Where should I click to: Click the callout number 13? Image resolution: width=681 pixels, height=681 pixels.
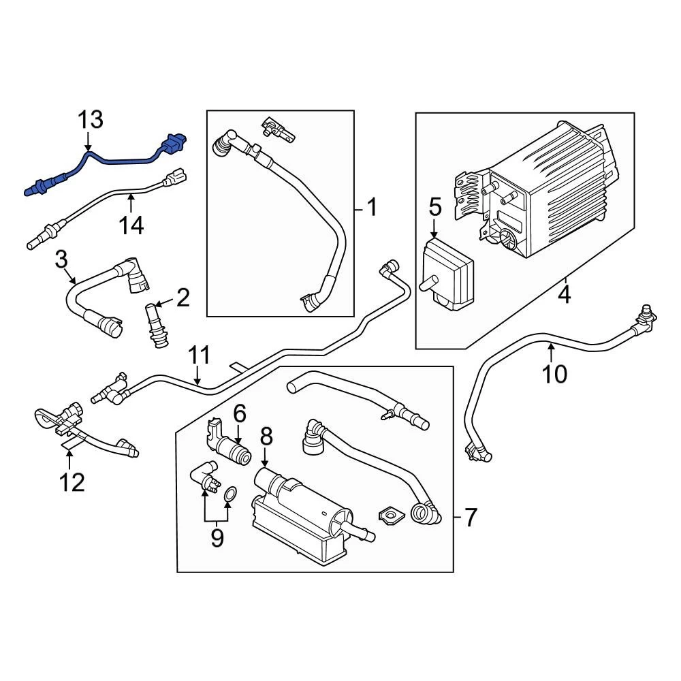pyautogui.click(x=90, y=121)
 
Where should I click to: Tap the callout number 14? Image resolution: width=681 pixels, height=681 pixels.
pyautogui.click(x=131, y=225)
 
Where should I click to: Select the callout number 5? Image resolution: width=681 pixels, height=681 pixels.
pyautogui.click(x=435, y=206)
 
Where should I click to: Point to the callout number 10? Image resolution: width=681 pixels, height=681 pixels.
pyautogui.click(x=555, y=373)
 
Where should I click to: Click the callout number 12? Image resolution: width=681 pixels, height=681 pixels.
pyautogui.click(x=72, y=482)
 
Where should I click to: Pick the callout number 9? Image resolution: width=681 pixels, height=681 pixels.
pyautogui.click(x=217, y=537)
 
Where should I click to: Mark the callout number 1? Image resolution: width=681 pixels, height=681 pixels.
pyautogui.click(x=371, y=206)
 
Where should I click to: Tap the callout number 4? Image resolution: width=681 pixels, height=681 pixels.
pyautogui.click(x=565, y=295)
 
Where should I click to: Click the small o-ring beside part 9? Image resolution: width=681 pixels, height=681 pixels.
pyautogui.click(x=230, y=493)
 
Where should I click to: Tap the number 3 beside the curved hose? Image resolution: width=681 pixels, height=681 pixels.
pyautogui.click(x=61, y=259)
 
